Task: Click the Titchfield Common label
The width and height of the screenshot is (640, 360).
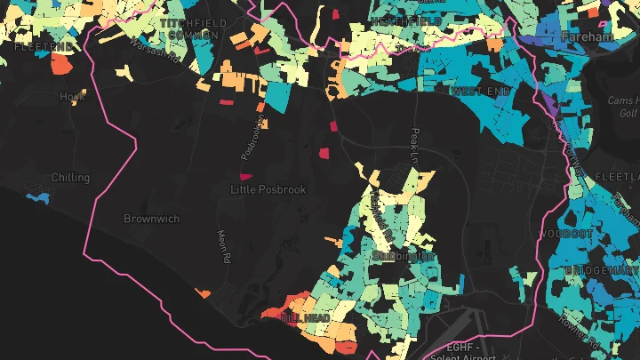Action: point(188,28)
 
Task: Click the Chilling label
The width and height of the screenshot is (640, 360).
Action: point(71,178)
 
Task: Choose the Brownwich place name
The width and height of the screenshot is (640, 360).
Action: point(151,218)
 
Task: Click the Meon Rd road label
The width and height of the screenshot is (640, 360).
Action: point(224,245)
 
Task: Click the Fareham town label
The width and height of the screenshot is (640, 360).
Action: point(588,37)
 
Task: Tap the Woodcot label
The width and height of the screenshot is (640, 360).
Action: point(565,234)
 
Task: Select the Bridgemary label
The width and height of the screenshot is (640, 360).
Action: point(596,268)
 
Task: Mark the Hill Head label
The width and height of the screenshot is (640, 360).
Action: point(305,317)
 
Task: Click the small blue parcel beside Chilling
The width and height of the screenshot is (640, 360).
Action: point(37,196)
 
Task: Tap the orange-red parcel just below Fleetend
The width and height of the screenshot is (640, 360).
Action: point(60,63)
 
